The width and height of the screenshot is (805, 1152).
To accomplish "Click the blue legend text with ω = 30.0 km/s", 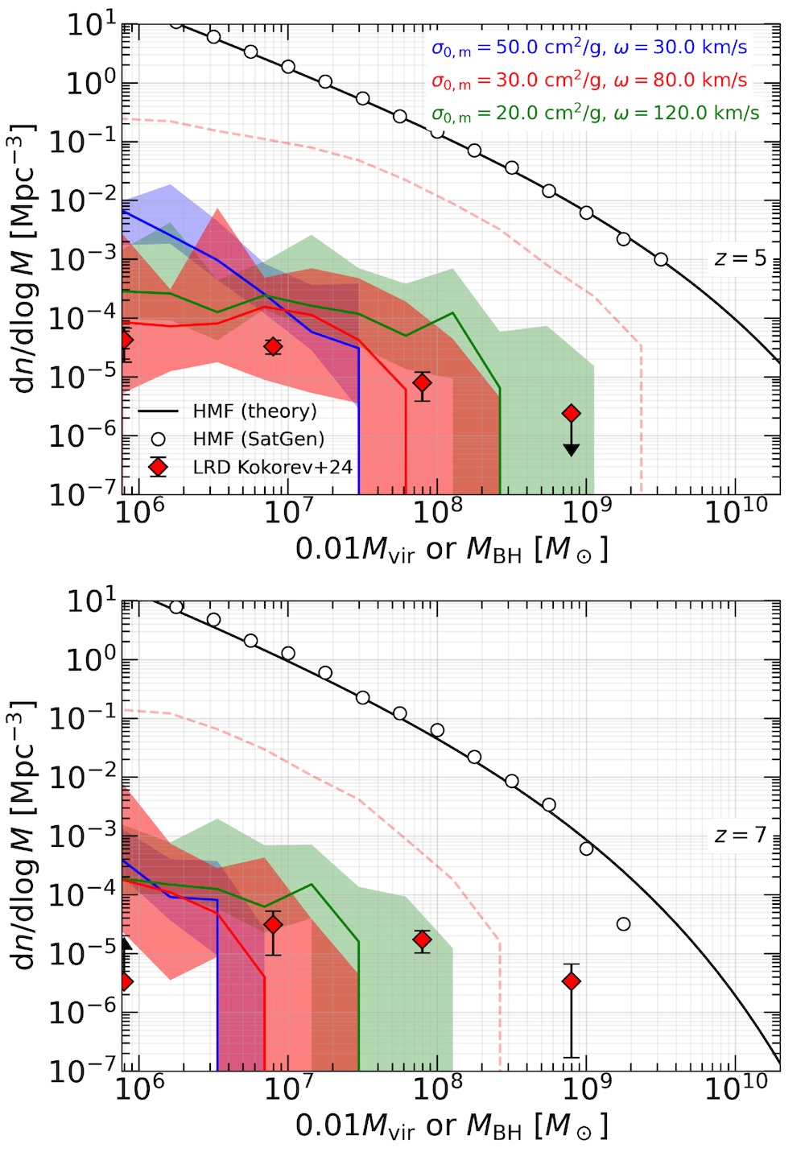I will (589, 48).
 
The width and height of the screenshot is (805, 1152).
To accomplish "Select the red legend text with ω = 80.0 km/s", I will (589, 81).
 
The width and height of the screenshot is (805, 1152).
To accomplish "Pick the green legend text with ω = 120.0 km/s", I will (595, 113).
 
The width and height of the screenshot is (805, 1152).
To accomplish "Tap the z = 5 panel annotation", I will (740, 259).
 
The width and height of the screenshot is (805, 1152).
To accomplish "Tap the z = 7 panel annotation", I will (740, 836).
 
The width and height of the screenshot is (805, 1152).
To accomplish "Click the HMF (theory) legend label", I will (255, 411).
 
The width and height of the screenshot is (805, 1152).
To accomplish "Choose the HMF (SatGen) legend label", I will (258, 439).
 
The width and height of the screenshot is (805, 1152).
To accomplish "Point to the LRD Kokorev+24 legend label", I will (272, 467).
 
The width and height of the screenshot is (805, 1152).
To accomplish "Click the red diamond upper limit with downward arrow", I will (571, 414).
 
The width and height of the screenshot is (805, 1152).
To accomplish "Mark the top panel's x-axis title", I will (452, 550).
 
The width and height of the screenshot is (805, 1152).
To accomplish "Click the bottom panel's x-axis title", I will (452, 1126).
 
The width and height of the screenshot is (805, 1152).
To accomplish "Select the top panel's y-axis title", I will (27, 258).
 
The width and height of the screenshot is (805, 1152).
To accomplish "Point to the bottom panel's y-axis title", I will (27, 835).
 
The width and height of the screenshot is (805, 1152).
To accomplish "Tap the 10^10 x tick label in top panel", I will (736, 511).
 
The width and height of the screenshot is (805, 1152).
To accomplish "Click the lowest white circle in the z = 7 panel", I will (623, 924).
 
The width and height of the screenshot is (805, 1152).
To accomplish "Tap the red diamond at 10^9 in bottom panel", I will (571, 981).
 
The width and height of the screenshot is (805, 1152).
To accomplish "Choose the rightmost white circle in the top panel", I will (661, 259).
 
